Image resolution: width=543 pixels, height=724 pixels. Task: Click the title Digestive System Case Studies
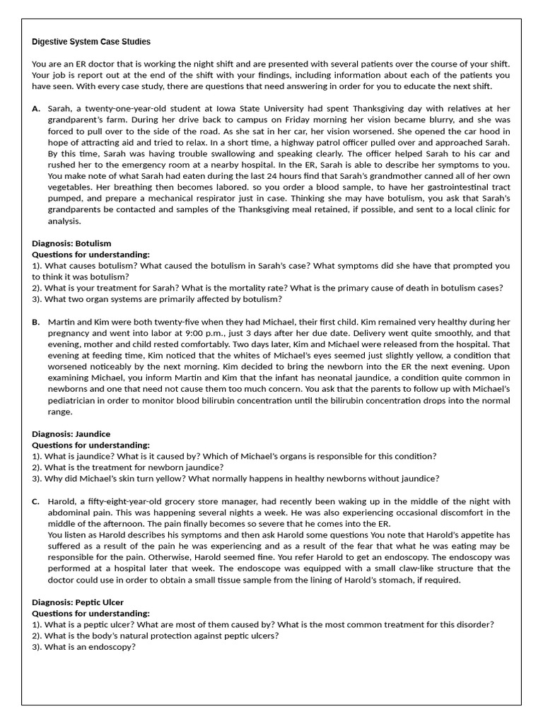[x=91, y=42]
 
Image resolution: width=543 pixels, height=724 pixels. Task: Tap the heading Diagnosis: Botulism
[x=71, y=243]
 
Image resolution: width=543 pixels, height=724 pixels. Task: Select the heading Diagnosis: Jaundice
[x=71, y=433]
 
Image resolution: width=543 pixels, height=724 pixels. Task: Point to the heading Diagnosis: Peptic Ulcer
[x=78, y=602]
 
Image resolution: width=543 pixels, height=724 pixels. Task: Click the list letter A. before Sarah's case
[x=36, y=109]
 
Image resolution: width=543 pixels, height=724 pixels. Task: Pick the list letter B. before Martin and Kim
[x=36, y=322]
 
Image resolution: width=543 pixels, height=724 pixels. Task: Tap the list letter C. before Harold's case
[x=36, y=501]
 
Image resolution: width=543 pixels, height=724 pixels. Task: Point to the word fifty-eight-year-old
[x=126, y=501]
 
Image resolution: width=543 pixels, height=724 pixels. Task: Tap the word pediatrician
[x=77, y=400]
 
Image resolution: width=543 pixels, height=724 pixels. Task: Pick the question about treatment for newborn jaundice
[x=127, y=467]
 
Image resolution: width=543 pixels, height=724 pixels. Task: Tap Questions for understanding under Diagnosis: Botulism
[x=91, y=255]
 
